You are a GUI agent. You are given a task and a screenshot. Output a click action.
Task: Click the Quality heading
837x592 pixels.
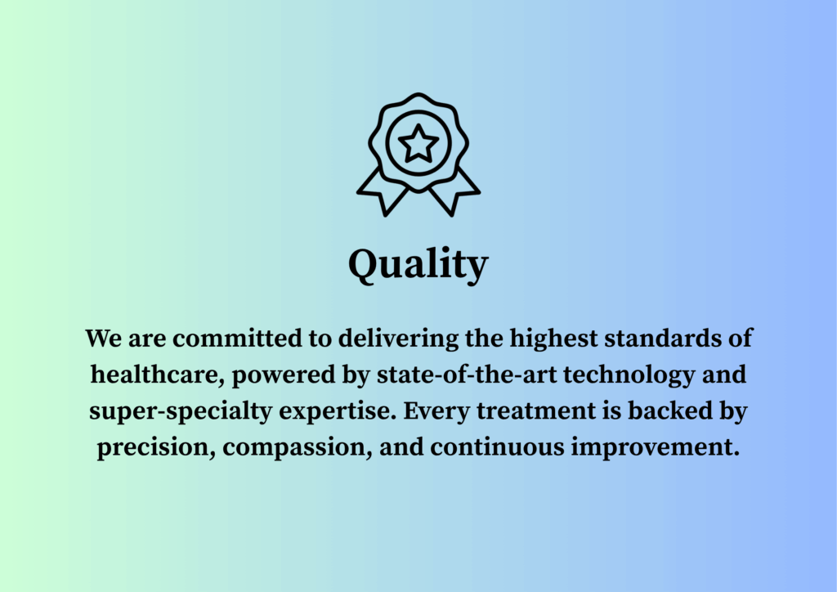tap(418, 265)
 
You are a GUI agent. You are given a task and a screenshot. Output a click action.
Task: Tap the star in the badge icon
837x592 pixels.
tap(418, 143)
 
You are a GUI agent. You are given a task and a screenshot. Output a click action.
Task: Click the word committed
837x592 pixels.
tap(237, 338)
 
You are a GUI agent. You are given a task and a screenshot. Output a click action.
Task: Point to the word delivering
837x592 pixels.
tap(398, 339)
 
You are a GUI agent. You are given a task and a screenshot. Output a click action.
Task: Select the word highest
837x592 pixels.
tap(553, 339)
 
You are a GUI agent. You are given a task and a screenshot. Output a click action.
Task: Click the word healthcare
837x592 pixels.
tap(158, 375)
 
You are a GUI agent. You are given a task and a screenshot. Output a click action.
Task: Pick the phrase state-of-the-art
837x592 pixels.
tap(467, 374)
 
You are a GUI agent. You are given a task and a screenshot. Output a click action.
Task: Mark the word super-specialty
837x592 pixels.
tap(181, 412)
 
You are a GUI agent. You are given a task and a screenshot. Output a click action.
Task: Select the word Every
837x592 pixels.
tap(436, 412)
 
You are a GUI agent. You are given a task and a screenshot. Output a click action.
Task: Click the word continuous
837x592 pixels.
tap(497, 446)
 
